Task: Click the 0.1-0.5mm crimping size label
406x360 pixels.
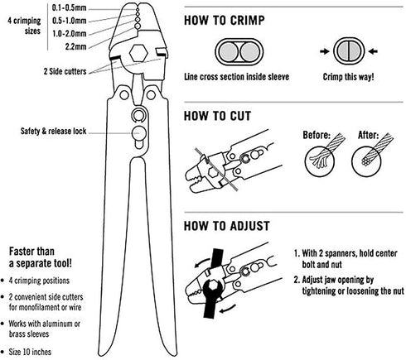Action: point(69,7)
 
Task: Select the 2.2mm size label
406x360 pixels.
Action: point(75,46)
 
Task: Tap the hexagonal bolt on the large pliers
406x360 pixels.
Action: point(138,53)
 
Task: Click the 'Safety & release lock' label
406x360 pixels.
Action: point(54,131)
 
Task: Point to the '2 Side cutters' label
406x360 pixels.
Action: point(65,71)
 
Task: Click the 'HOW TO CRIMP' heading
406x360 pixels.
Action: point(225,21)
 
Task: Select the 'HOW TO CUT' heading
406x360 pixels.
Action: point(218,116)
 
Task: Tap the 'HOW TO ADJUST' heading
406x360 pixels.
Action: point(227,226)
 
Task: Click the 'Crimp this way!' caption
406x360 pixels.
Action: point(349,77)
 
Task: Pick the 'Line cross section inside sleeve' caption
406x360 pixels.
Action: point(237,77)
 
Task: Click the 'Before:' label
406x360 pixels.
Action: point(317,135)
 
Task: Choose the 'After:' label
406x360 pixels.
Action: point(368,135)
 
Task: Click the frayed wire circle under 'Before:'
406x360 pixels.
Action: point(320,161)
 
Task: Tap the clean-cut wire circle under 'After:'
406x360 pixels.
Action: point(366,161)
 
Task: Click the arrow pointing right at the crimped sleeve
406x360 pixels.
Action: point(325,51)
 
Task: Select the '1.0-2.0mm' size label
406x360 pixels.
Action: point(70,34)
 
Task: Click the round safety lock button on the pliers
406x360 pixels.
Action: point(138,132)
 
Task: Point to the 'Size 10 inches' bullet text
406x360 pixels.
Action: point(30,352)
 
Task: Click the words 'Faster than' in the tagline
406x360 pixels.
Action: point(31,252)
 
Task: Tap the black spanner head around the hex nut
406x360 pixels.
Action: point(213,290)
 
